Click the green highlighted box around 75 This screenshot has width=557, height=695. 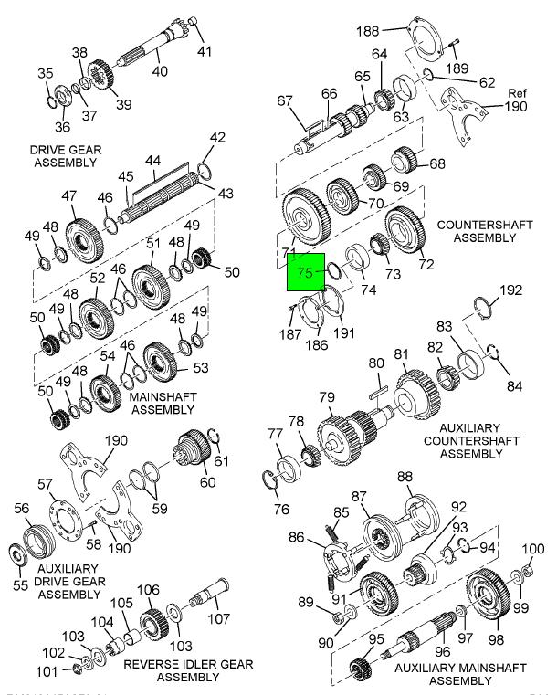click(308, 271)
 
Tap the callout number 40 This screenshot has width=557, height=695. click(160, 71)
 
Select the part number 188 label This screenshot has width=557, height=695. click(366, 32)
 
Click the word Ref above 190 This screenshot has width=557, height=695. click(518, 93)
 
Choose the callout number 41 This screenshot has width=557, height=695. click(205, 49)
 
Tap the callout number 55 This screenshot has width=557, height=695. click(19, 584)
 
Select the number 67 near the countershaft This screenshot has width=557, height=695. click(284, 101)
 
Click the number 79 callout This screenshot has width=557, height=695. click(327, 397)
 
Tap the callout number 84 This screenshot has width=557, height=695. click(515, 385)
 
